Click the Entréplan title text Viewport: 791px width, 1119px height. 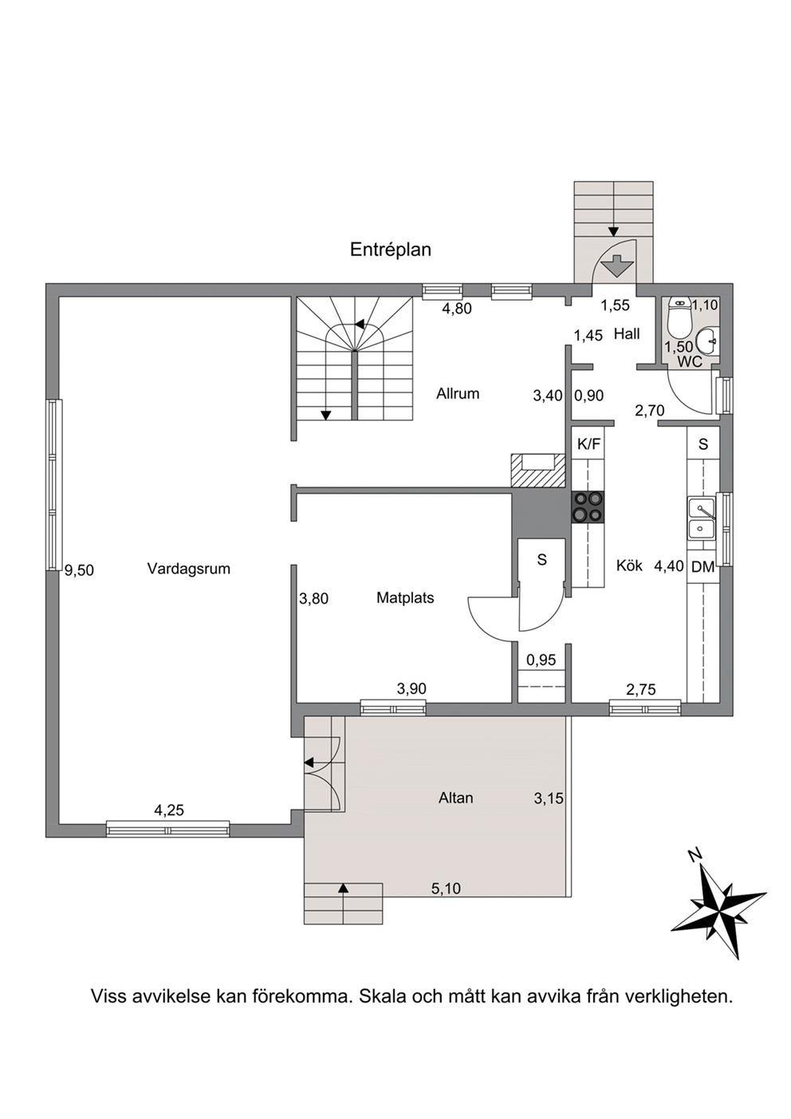click(391, 250)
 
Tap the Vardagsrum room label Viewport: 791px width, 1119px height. click(189, 569)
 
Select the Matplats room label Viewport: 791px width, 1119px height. click(405, 597)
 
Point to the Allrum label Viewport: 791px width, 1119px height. click(458, 394)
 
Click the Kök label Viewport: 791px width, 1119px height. click(629, 565)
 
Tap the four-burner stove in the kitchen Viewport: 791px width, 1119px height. click(588, 507)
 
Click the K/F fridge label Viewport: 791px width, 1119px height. click(589, 444)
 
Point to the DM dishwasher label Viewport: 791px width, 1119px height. click(703, 567)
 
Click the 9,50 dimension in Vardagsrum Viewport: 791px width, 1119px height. click(80, 570)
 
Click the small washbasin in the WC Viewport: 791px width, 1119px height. click(707, 341)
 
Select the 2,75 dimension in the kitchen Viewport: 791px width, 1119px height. click(641, 690)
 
